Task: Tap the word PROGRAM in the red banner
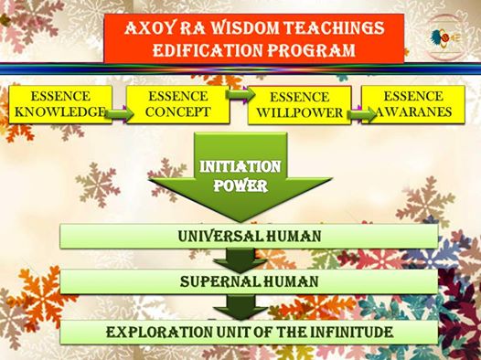(x=311, y=50)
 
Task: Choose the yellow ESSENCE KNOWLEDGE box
(x=60, y=104)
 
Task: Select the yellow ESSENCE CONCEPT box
(x=178, y=104)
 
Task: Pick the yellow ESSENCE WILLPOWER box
(x=299, y=105)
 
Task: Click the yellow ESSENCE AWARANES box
(x=413, y=104)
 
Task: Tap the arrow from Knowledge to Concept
(x=119, y=114)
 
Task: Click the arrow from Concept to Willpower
(x=240, y=94)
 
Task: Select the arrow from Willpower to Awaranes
(x=362, y=115)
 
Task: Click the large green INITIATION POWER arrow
(x=240, y=176)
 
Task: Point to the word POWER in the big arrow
(x=240, y=186)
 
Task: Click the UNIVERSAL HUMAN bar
(x=249, y=236)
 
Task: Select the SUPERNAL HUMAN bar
(x=249, y=281)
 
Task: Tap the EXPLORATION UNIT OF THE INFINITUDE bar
(x=249, y=332)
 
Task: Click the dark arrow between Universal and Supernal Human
(x=240, y=259)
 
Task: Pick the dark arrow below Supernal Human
(x=240, y=307)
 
